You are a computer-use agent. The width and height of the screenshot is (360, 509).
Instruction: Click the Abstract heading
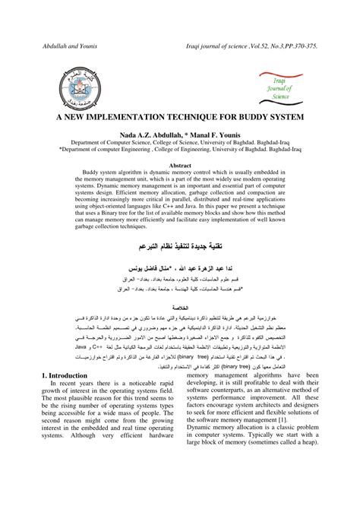[180, 164]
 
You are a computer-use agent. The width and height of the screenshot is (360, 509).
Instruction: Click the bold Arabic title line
[179, 248]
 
